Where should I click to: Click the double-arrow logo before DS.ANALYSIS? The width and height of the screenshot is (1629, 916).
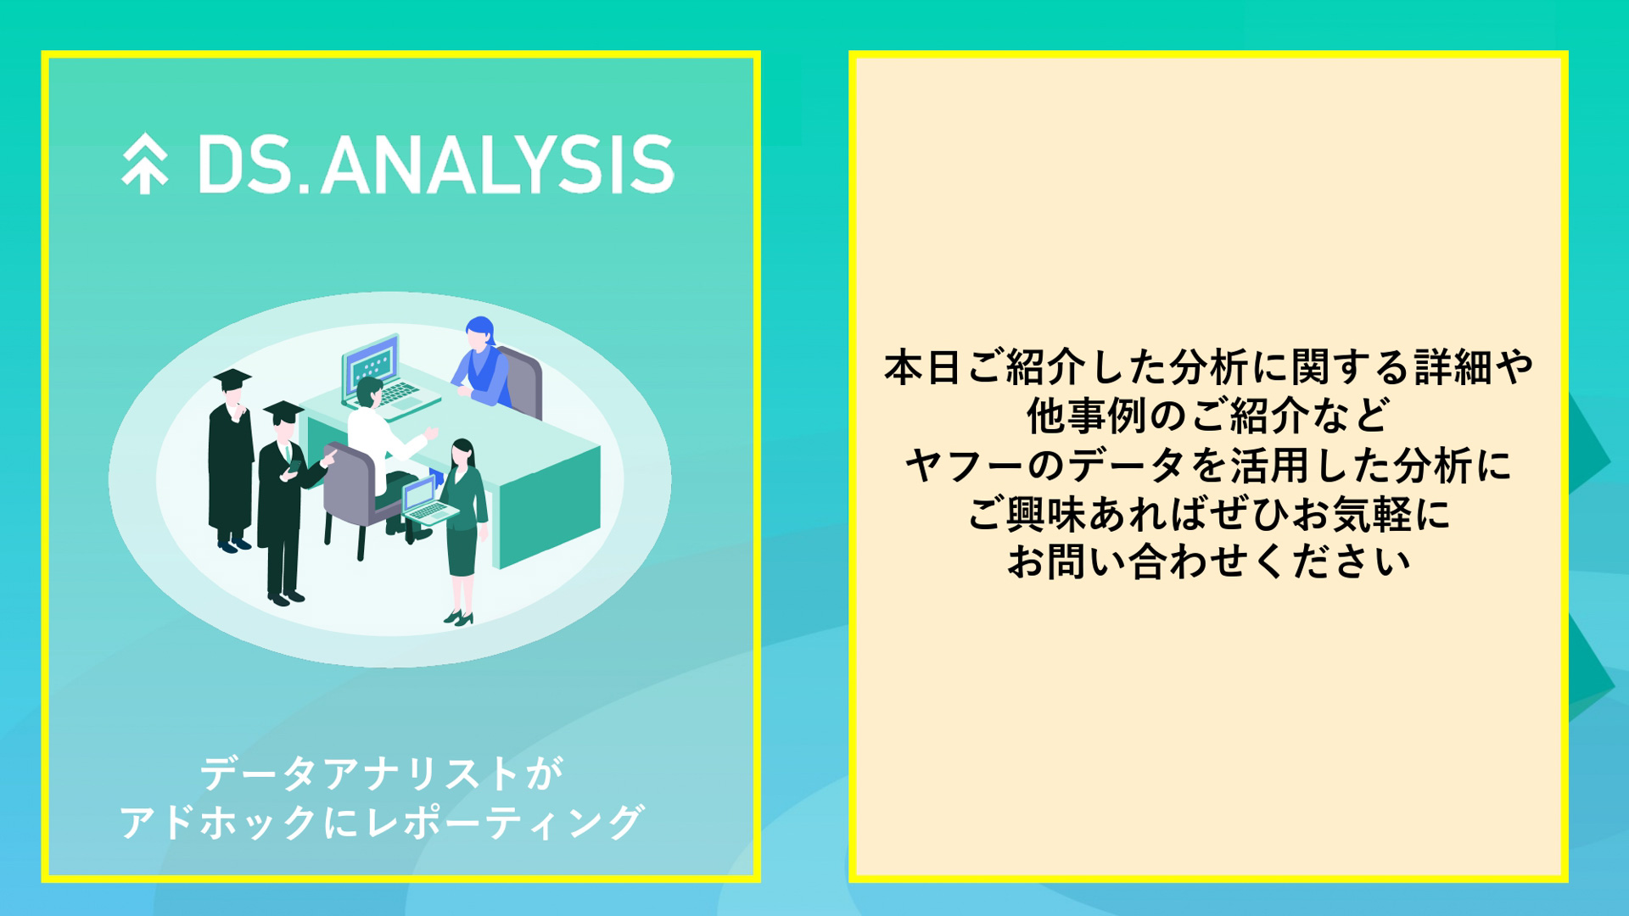tap(144, 164)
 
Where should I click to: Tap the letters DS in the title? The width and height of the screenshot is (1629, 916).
tap(244, 165)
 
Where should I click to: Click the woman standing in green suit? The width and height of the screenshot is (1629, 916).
tap(463, 526)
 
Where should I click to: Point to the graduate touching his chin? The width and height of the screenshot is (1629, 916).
tap(231, 458)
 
